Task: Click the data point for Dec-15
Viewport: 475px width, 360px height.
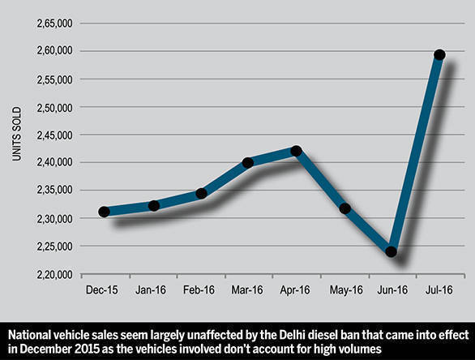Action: (x=104, y=212)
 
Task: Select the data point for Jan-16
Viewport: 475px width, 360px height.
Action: (x=153, y=206)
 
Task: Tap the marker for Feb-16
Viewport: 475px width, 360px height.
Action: (x=201, y=193)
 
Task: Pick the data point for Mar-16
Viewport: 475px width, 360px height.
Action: (x=248, y=162)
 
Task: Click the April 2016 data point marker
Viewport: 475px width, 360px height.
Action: (x=296, y=151)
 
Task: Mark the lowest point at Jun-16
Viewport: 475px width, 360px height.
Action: (x=392, y=251)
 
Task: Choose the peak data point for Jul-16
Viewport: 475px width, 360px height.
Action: (x=439, y=55)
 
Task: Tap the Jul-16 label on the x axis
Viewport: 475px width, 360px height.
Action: (x=439, y=288)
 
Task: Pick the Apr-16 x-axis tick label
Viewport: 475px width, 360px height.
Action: (x=296, y=288)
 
